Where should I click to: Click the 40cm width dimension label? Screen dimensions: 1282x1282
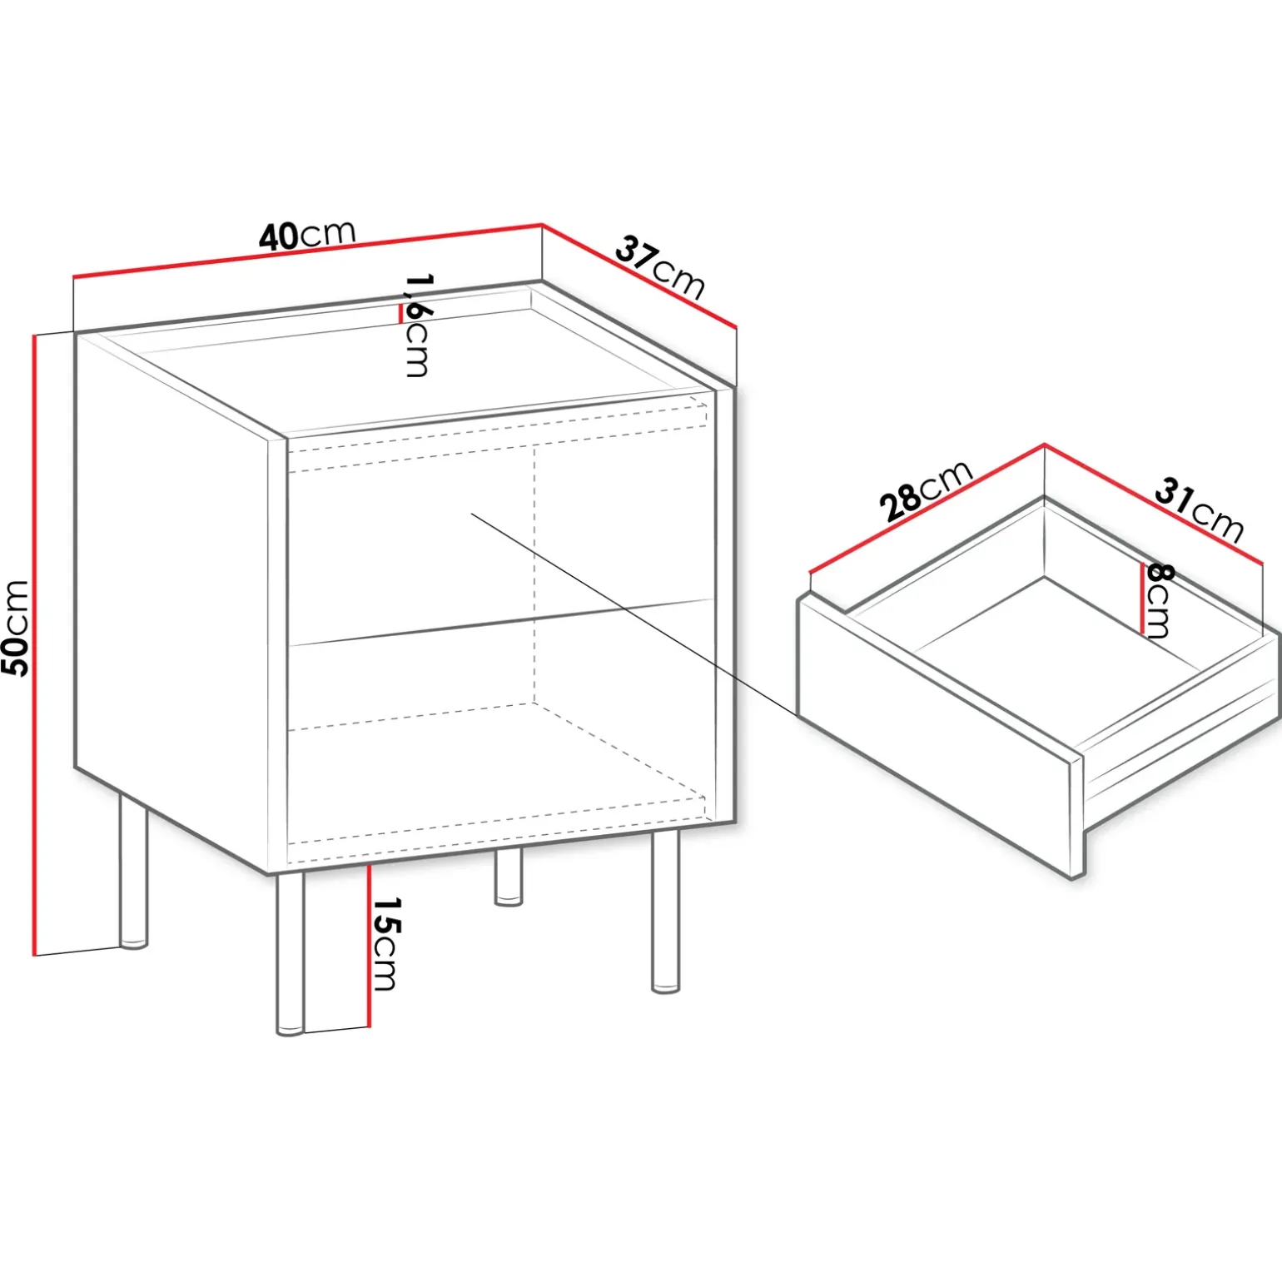[x=307, y=235]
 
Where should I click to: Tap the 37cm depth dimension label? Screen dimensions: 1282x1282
[x=660, y=267]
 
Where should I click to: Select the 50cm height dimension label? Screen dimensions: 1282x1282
[x=16, y=628]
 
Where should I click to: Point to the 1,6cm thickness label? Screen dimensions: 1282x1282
[x=417, y=325]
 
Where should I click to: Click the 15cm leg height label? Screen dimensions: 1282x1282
[x=385, y=944]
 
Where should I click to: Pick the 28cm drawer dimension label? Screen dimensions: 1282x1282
[x=925, y=490]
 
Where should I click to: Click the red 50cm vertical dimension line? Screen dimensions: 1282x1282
[x=35, y=645]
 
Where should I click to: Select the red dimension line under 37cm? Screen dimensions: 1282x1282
[x=639, y=276]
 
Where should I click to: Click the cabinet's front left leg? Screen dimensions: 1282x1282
[x=290, y=954]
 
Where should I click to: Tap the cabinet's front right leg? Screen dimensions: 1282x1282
[x=665, y=912]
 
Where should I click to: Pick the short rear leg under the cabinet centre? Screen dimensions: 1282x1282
[x=509, y=877]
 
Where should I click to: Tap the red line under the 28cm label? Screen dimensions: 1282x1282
[x=927, y=509]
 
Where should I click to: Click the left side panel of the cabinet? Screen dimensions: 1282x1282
[x=173, y=599]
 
